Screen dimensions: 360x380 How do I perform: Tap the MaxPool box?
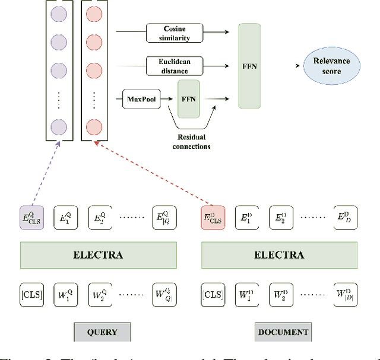click(141, 98)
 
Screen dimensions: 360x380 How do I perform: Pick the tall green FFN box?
click(249, 66)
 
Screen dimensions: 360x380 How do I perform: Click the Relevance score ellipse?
click(332, 65)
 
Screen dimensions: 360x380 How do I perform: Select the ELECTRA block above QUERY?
click(99, 255)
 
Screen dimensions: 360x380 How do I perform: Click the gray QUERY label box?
click(102, 332)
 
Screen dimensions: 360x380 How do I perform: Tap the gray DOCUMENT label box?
click(283, 332)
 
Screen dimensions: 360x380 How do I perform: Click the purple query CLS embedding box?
click(32, 217)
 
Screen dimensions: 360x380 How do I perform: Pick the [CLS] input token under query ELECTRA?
click(32, 294)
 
